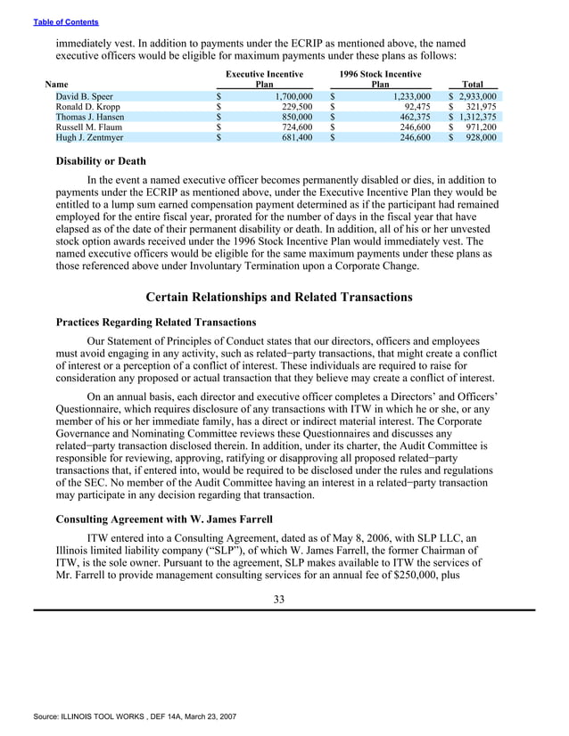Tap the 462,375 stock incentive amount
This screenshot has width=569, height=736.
[411, 117]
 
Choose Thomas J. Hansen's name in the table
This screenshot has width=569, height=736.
[90, 117]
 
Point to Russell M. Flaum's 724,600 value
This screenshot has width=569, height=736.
[291, 127]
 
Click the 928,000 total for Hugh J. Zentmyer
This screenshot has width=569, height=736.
[479, 138]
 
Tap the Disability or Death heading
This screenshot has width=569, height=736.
[101, 161]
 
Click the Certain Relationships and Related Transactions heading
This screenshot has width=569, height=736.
[278, 297]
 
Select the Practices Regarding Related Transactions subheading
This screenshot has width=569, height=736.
[156, 322]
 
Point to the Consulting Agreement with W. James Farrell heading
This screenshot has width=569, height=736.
[166, 518]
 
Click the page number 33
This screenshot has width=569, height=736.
[279, 600]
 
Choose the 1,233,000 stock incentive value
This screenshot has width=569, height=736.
[407, 95]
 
